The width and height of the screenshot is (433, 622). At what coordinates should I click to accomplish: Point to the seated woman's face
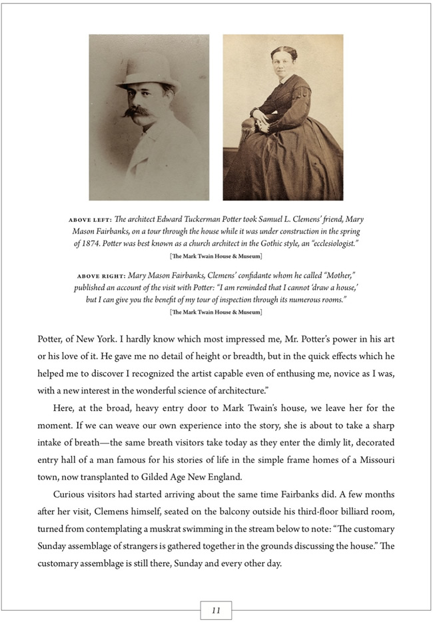tap(284, 65)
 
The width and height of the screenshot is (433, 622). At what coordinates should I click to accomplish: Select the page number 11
tap(216, 610)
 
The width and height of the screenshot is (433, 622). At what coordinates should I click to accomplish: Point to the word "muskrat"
tap(202, 529)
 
